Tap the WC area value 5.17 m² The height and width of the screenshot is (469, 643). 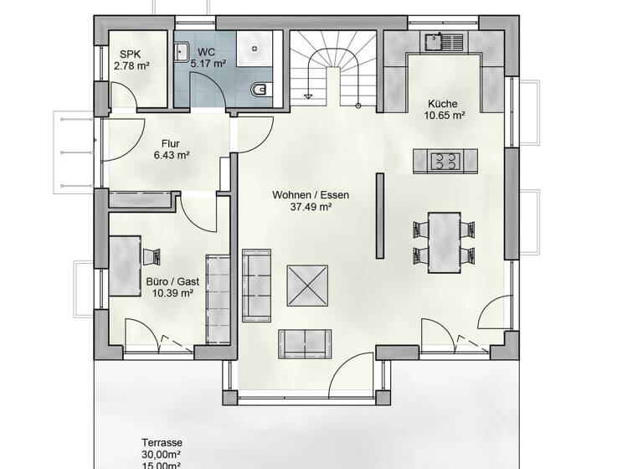click(x=208, y=64)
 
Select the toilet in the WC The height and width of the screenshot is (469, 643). click(x=260, y=86)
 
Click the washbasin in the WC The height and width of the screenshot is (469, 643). click(x=182, y=52)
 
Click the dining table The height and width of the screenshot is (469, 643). click(x=444, y=242)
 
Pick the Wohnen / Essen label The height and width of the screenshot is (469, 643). click(x=310, y=195)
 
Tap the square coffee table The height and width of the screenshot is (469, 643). click(x=306, y=286)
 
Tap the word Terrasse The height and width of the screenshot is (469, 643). click(x=162, y=443)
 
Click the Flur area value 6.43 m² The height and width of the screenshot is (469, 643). click(x=171, y=155)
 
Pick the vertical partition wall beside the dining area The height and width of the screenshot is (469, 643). click(x=380, y=215)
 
